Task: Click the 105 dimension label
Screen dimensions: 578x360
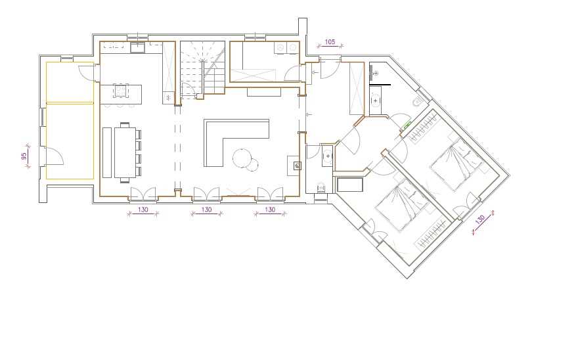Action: [x=330, y=41]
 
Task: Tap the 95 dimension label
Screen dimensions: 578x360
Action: [x=24, y=156]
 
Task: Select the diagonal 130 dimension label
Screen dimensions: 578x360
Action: [x=480, y=220]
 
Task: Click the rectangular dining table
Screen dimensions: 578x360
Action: [x=125, y=152]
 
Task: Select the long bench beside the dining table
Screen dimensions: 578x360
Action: [x=106, y=152]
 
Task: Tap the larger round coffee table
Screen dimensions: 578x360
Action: [x=242, y=157]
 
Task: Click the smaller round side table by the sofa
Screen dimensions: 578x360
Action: [x=252, y=164]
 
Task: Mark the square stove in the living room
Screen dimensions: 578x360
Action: [x=298, y=166]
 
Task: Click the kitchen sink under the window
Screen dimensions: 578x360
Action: [x=137, y=47]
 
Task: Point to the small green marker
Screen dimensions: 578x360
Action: [x=407, y=125]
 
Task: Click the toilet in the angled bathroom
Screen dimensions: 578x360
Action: [x=418, y=101]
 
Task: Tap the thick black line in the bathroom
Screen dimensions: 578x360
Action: [x=380, y=85]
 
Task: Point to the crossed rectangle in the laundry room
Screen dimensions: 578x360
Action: [x=254, y=76]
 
